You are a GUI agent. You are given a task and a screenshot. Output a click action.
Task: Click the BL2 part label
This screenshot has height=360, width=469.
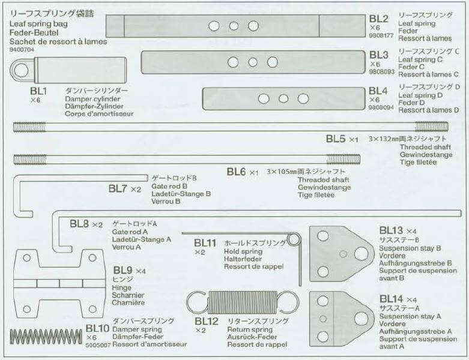point(380,19)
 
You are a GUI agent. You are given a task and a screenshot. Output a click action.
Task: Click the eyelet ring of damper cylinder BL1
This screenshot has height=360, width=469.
point(21,71)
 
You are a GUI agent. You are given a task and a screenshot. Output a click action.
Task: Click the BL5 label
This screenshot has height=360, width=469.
point(337,139)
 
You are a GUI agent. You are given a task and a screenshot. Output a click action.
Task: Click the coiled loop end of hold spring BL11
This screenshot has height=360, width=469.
point(293,239)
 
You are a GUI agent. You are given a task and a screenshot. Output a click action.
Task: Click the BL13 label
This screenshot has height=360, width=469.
point(391,230)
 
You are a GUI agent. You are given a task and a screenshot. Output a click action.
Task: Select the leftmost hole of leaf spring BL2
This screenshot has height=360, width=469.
point(212,26)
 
